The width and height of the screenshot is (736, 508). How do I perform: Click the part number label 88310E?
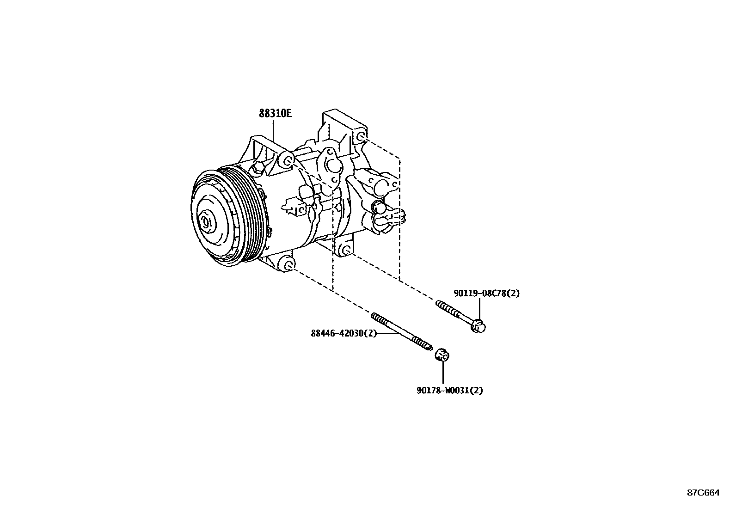click(x=275, y=113)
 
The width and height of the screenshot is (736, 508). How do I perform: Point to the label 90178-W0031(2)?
click(x=449, y=390)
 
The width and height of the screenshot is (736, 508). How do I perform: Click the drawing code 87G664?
click(x=703, y=493)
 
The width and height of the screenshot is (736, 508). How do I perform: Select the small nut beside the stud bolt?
click(x=442, y=355)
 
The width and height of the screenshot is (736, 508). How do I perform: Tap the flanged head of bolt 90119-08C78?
click(x=478, y=326)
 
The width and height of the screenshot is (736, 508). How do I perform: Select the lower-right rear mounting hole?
click(x=345, y=251)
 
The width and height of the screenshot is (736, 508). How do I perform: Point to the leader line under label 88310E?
click(x=274, y=129)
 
